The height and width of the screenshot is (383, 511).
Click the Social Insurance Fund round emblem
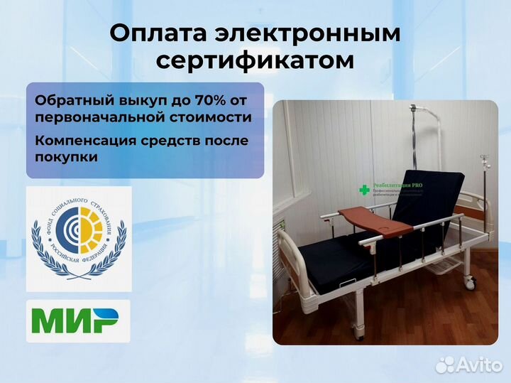click(78, 238)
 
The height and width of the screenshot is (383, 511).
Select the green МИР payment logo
click(78, 321)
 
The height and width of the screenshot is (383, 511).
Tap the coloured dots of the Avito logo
click(446, 364)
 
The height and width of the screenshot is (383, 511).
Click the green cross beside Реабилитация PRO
click(365, 190)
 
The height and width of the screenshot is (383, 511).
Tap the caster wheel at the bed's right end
click(471, 283)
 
